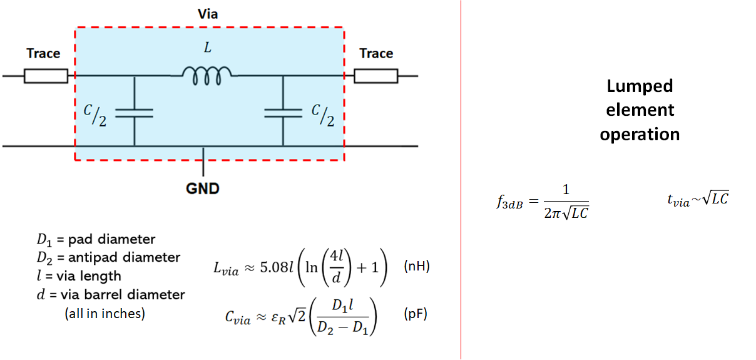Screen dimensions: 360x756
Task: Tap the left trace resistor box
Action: pyautogui.click(x=46, y=76)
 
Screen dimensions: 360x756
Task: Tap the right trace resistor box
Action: pyautogui.click(x=375, y=76)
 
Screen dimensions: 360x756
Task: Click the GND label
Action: pyautogui.click(x=203, y=188)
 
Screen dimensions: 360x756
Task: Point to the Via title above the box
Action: pyautogui.click(x=208, y=13)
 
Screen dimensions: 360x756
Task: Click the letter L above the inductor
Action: pyautogui.click(x=208, y=48)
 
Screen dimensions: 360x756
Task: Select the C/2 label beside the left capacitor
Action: pyautogui.click(x=95, y=116)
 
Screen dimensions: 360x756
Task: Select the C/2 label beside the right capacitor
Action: pyautogui.click(x=323, y=116)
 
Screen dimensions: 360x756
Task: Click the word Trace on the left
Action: pyautogui.click(x=43, y=54)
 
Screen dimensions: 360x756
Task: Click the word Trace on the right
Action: pyautogui.click(x=376, y=54)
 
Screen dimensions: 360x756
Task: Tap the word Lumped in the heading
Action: pyautogui.click(x=640, y=86)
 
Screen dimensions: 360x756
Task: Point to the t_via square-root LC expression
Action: pyautogui.click(x=698, y=200)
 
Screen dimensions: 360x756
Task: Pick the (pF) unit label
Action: pyautogui.click(x=416, y=314)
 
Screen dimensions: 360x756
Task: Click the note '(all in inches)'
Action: pyautogui.click(x=105, y=314)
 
